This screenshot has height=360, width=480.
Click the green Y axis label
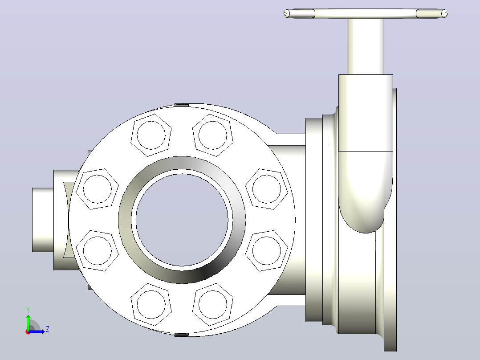[x=28, y=310]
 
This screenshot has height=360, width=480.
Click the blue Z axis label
[x=48, y=329]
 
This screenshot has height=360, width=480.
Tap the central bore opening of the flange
[x=182, y=220]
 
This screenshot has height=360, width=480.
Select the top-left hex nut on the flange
[x=151, y=135]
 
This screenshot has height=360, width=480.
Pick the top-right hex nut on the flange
[x=213, y=135]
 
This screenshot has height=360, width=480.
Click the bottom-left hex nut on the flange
[x=151, y=305]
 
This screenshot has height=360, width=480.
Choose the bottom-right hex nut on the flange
[x=213, y=305]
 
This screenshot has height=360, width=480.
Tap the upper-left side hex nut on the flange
[x=98, y=189]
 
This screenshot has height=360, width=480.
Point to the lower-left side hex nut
[x=98, y=251]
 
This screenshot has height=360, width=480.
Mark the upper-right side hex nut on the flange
[x=267, y=189]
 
